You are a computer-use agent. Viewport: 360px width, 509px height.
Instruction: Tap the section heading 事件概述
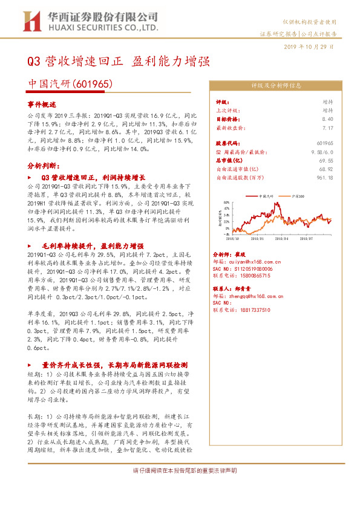tap(41, 104)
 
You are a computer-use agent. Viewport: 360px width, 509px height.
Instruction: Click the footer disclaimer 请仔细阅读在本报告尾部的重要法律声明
tap(180, 470)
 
